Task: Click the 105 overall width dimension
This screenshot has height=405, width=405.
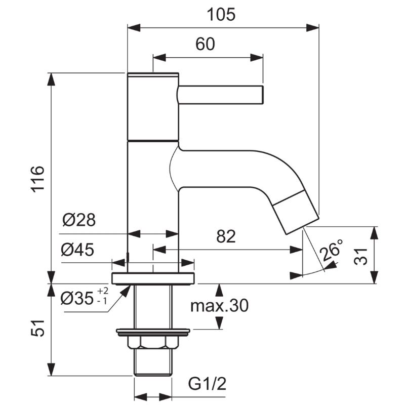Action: click(x=221, y=15)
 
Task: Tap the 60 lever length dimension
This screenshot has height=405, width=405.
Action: click(x=205, y=44)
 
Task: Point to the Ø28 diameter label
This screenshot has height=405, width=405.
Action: click(x=79, y=220)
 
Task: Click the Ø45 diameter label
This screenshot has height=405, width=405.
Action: click(x=78, y=250)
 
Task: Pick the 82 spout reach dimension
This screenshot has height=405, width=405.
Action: click(x=226, y=236)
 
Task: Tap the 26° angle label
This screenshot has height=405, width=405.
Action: click(x=332, y=250)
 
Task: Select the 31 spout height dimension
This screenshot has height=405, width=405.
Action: click(x=360, y=256)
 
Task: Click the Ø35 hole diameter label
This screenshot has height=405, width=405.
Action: click(x=77, y=298)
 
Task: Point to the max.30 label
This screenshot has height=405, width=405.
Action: click(x=219, y=306)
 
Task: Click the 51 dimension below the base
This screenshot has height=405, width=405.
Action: click(x=37, y=328)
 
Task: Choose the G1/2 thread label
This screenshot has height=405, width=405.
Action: click(x=207, y=384)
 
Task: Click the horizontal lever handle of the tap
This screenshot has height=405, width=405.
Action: click(x=221, y=95)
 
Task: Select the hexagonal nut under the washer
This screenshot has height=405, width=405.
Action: click(x=153, y=343)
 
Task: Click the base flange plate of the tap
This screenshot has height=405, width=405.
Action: click(x=153, y=278)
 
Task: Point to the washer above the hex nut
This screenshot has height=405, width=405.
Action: click(x=153, y=333)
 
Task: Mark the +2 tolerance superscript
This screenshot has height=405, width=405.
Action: click(x=103, y=291)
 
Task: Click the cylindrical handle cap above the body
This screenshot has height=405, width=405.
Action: click(x=153, y=107)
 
